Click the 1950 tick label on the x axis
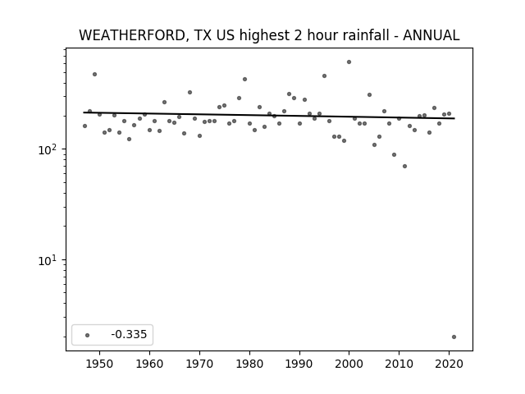(x=99, y=364)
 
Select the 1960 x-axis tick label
(x=149, y=364)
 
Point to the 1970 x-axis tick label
(x=199, y=364)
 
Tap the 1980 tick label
(x=249, y=364)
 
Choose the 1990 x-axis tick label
(x=299, y=364)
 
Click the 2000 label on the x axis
(x=349, y=364)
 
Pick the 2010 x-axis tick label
(x=399, y=364)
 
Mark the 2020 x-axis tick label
(x=449, y=364)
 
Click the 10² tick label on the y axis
(x=49, y=149)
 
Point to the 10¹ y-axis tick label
(x=49, y=259)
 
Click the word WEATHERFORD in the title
(x=132, y=35)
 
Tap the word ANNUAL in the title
(x=431, y=35)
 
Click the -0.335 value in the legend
(x=129, y=334)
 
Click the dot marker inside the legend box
(x=87, y=335)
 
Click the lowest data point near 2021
(x=454, y=337)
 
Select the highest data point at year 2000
(x=349, y=62)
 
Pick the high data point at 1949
(x=95, y=75)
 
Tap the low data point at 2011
(x=404, y=166)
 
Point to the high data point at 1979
(x=244, y=80)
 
